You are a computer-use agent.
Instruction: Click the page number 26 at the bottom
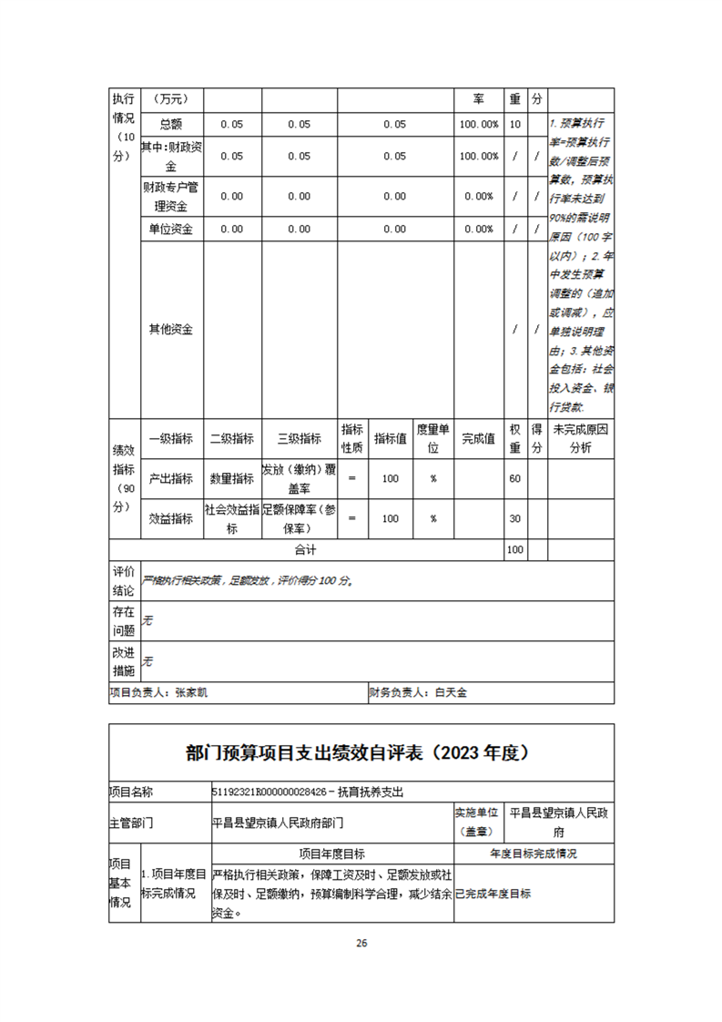tap(361, 943)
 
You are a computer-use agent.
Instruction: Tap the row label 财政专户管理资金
tap(171, 196)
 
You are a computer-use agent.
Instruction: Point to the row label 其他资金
tap(171, 329)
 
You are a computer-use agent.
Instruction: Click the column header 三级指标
tap(299, 438)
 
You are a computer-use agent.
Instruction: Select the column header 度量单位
tap(433, 438)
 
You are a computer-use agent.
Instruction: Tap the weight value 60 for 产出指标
tap(515, 478)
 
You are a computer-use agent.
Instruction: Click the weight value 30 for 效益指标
tap(515, 518)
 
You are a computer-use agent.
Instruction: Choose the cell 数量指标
tap(231, 478)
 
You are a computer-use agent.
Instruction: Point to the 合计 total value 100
tap(515, 550)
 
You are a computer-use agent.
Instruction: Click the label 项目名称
tap(132, 792)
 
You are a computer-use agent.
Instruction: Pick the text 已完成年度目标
tap(493, 894)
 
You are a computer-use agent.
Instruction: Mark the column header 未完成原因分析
tap(580, 438)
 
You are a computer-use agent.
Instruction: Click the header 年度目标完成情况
tap(533, 854)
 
